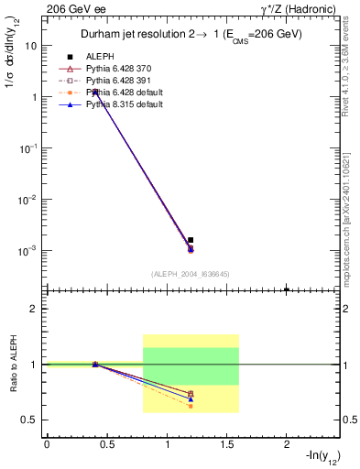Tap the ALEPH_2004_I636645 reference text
click(191, 274)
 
